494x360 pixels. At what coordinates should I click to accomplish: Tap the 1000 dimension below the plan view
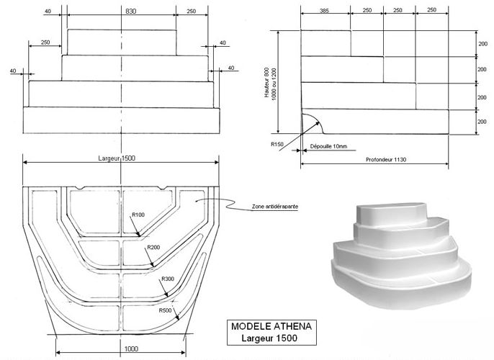click(122, 346)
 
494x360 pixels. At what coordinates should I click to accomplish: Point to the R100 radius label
click(138, 214)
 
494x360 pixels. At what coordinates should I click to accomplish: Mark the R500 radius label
click(168, 310)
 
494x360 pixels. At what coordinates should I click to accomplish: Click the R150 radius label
click(277, 144)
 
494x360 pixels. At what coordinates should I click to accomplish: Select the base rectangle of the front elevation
click(121, 120)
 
